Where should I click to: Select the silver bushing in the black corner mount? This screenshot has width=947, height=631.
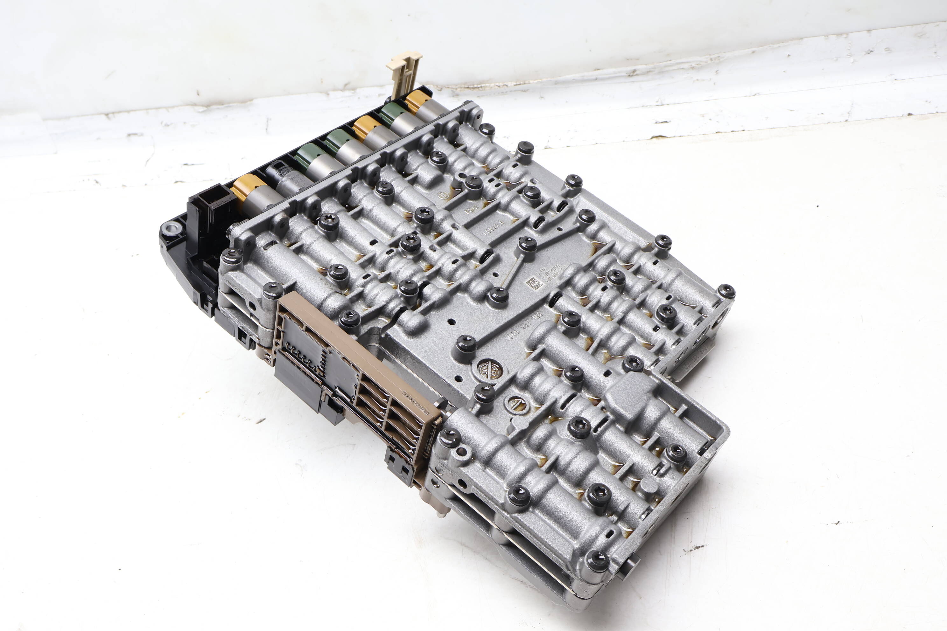coord(172,229)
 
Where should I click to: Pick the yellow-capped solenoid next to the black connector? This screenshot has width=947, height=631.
coord(249,188)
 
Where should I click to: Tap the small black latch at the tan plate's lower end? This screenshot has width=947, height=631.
coord(399,467)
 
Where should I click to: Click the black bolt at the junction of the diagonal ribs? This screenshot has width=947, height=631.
coord(527,244)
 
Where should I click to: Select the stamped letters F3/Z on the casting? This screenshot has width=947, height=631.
coord(471,211)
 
